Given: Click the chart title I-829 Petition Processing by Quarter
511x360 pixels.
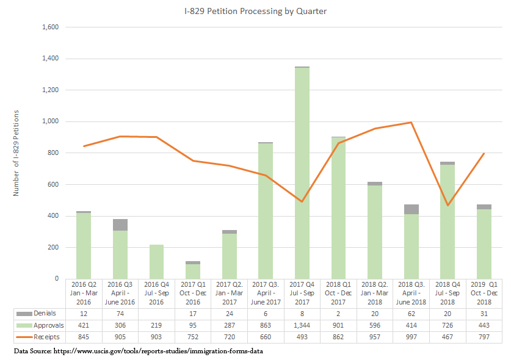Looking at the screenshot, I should (256, 12).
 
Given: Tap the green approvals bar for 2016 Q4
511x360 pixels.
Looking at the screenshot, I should (157, 262).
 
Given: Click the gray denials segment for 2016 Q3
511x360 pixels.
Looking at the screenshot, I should (120, 225).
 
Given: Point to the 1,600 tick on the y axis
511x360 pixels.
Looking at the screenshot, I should (51, 27).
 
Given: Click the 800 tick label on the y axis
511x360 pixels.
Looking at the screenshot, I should (53, 153).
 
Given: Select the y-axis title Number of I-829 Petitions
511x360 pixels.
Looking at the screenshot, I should (16, 153).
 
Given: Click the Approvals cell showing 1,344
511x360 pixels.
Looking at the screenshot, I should (302, 325).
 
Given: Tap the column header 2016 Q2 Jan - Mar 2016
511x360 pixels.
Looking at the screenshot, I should (84, 293).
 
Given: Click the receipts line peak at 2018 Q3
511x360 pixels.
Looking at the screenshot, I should (411, 122).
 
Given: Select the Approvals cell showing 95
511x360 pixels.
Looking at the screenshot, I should (193, 325).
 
